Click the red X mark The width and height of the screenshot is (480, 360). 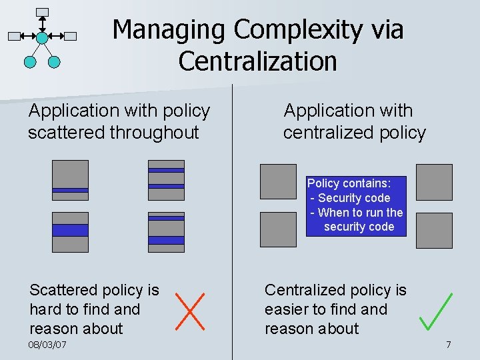point(189,311)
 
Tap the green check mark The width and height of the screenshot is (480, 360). point(437,312)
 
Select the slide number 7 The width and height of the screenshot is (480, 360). point(448,345)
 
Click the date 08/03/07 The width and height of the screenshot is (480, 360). point(47,345)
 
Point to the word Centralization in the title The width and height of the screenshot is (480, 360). point(257,61)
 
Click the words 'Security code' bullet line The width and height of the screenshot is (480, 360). point(353,198)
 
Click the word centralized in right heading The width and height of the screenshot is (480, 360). point(325,133)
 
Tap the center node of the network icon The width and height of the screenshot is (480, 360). point(42,37)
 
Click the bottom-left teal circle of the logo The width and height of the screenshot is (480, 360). point(30,62)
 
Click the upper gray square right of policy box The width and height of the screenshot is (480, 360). point(434,181)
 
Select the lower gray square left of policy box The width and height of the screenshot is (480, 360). point(278,229)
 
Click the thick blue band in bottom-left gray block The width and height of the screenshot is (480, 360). point(70,230)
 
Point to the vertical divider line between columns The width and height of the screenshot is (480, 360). point(232,220)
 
